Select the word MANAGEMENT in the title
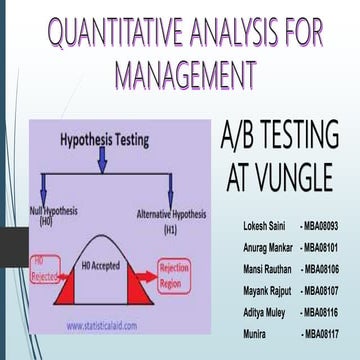(184, 75)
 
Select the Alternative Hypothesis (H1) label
(172, 219)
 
